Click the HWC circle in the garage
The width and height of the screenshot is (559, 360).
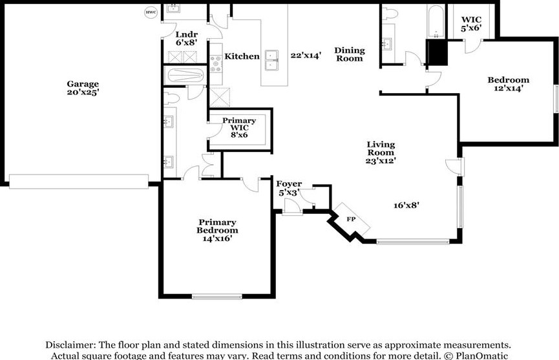pyautogui.click(x=151, y=12)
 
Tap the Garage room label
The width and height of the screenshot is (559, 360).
pyautogui.click(x=83, y=84)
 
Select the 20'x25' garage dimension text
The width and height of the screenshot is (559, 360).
pyautogui.click(x=83, y=92)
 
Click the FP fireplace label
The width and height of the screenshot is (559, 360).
pyautogui.click(x=351, y=219)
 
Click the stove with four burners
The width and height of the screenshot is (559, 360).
pyautogui.click(x=216, y=64)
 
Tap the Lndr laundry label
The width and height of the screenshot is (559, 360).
pyautogui.click(x=187, y=34)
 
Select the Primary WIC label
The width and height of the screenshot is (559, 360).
pyautogui.click(x=239, y=124)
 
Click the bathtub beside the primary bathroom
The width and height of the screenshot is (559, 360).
pyautogui.click(x=185, y=76)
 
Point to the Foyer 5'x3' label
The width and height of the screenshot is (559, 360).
pyautogui.click(x=289, y=188)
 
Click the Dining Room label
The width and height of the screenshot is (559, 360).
pyautogui.click(x=350, y=54)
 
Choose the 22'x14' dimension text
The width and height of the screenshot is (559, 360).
pyautogui.click(x=306, y=55)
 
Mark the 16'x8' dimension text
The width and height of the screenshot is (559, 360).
pyautogui.click(x=406, y=206)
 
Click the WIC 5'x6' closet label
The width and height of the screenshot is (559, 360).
pyautogui.click(x=471, y=24)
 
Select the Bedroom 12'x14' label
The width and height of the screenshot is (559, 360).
pyautogui.click(x=509, y=84)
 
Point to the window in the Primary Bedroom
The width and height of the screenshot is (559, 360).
pyautogui.click(x=217, y=297)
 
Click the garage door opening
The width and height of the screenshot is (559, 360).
pyautogui.click(x=79, y=182)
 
